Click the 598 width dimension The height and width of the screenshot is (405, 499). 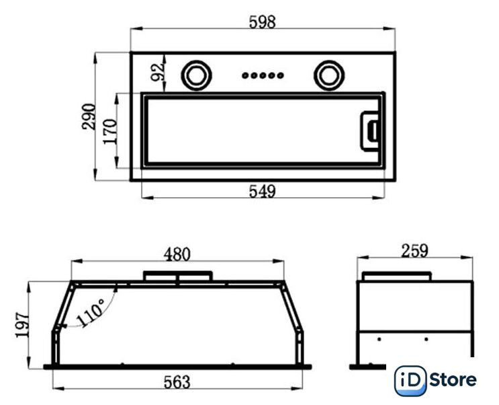262,23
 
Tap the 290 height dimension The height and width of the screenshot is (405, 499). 89,116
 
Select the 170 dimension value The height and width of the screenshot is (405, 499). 110,131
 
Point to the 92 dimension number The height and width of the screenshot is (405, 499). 158,73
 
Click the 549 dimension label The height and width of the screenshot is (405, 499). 262,192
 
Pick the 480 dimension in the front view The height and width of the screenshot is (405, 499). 177,255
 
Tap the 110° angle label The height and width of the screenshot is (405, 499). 91,313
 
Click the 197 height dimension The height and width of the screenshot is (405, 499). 22,325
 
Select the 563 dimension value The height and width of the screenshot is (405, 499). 177,382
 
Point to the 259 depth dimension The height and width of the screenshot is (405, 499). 414,251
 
